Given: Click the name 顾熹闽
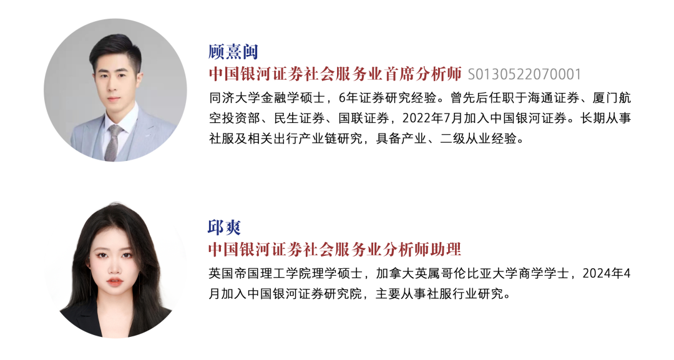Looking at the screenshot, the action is click(x=233, y=52).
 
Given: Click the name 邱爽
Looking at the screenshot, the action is click(x=224, y=227).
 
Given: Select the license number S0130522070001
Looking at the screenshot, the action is click(x=524, y=75).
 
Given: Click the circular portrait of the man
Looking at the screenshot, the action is click(x=115, y=90).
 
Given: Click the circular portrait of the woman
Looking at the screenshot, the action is click(x=115, y=267).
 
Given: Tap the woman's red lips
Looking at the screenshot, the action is click(x=114, y=282).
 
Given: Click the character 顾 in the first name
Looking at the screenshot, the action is click(x=217, y=52).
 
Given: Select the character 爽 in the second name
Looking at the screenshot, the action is click(x=233, y=227).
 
